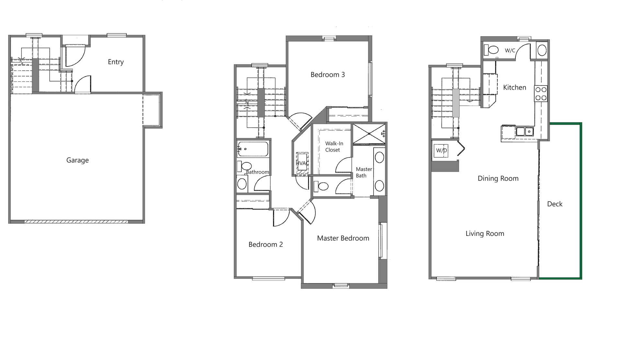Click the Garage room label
point(77,160)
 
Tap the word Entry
point(116,62)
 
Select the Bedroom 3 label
point(328,75)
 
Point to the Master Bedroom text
point(343,238)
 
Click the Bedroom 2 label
point(266,244)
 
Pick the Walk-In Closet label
point(334,146)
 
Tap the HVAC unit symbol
point(302,163)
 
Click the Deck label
point(555,204)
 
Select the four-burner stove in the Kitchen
point(541,93)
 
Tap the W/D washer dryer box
point(441,151)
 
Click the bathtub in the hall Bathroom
point(253,149)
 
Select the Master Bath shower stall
point(369,133)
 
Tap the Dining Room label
point(498,178)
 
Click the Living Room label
point(485,233)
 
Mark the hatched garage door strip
point(76,222)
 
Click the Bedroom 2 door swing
point(281,218)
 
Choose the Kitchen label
point(514,87)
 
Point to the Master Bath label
point(363,172)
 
